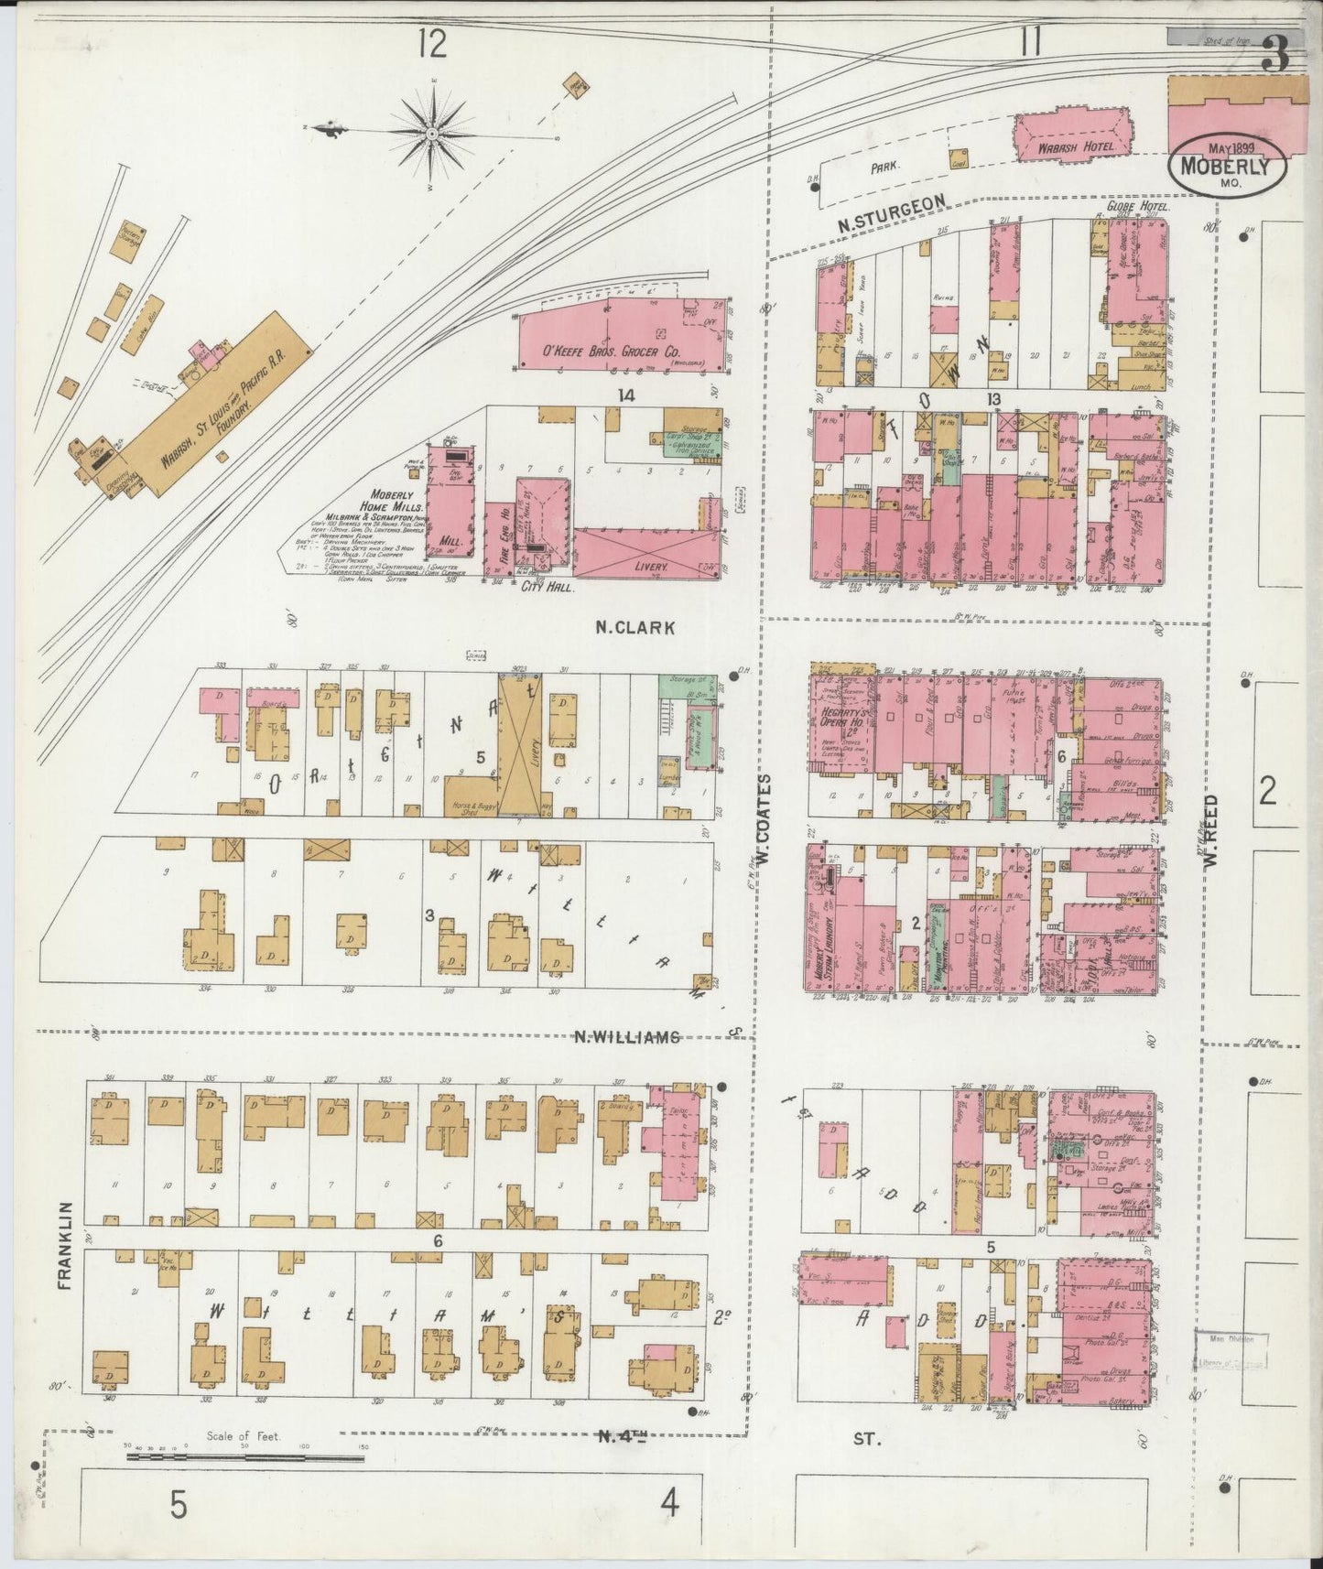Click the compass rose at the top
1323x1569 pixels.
point(430,133)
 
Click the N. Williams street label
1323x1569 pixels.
point(627,1037)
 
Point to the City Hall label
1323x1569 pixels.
point(547,590)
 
